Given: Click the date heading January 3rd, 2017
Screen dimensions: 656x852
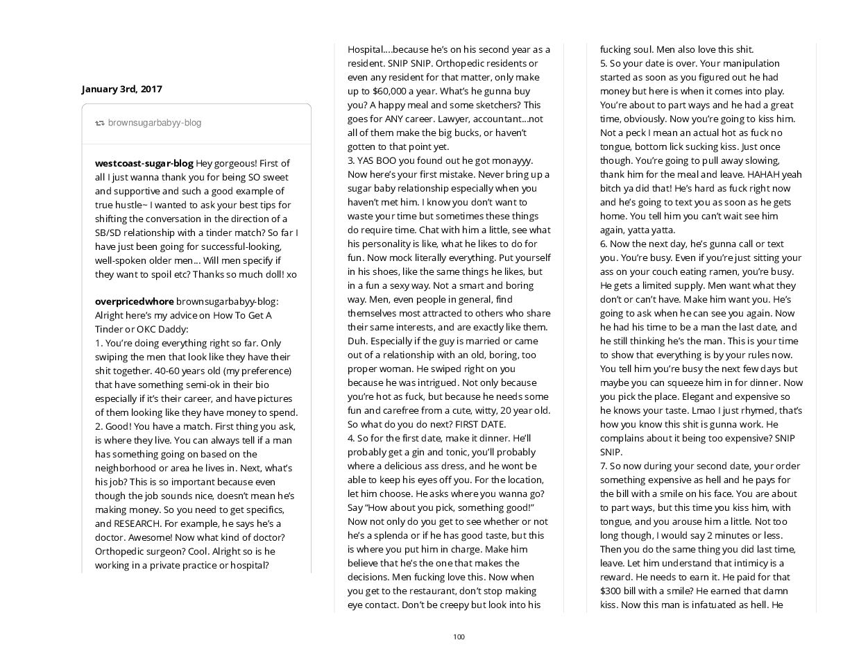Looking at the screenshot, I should pos(121,89).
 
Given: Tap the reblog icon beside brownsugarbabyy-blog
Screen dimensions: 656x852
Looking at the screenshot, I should pos(100,123).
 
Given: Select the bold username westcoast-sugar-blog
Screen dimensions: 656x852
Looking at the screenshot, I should pos(144,163).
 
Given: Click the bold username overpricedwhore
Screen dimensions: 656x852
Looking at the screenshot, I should pos(134,301).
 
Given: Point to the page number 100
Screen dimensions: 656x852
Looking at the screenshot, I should pos(459,637).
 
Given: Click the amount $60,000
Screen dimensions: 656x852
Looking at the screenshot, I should pos(391,91).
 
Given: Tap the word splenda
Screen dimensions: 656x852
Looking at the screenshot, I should pos(383,535).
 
